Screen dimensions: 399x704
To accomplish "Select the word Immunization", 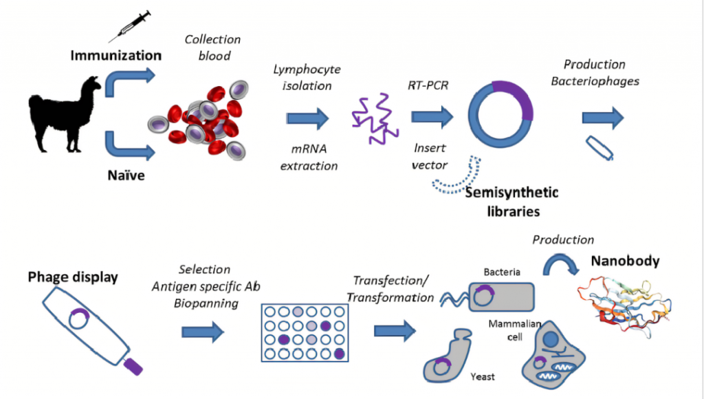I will pyautogui.click(x=116, y=55).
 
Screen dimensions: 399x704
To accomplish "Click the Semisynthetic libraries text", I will pyautogui.click(x=511, y=202).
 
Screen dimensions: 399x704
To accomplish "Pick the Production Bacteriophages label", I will pyautogui.click(x=595, y=72).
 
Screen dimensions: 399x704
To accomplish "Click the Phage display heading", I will pyautogui.click(x=73, y=277).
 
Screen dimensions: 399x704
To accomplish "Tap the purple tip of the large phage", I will pyautogui.click(x=133, y=367).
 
